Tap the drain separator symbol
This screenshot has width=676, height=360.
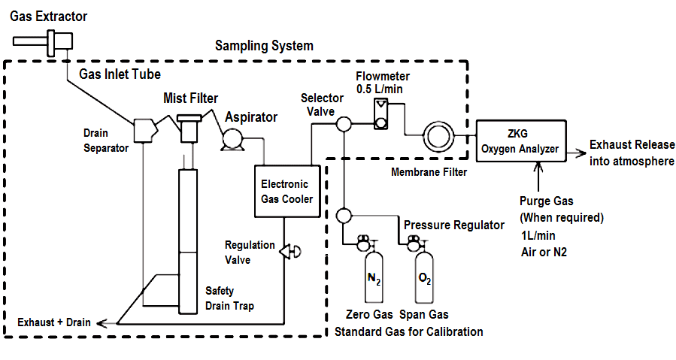click(144, 130)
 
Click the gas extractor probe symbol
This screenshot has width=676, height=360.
click(57, 38)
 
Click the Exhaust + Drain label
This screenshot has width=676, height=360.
click(55, 322)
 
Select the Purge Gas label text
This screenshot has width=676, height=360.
click(547, 201)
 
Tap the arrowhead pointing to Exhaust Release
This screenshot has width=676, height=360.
click(581, 151)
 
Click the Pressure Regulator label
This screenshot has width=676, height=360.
click(454, 225)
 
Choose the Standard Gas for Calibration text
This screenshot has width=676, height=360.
click(409, 331)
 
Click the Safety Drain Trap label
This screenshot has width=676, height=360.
click(229, 298)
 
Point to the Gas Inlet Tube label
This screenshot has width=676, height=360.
click(120, 74)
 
